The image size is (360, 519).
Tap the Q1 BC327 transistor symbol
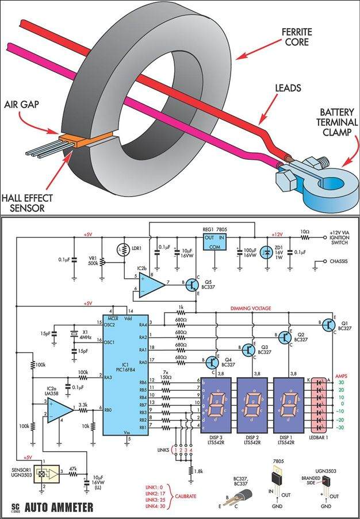(328, 325)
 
